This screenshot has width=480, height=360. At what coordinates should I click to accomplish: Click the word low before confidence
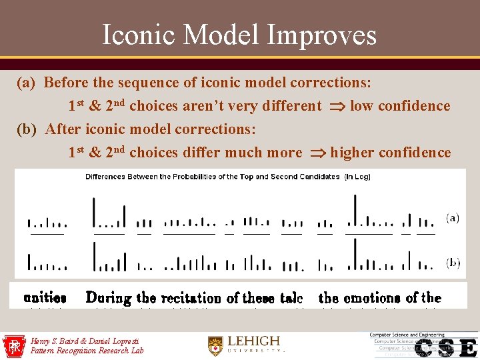tap(361, 106)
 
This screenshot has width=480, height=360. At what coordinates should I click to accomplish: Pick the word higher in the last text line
tap(353, 153)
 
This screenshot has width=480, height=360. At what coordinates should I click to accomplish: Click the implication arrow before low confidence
tap(336, 106)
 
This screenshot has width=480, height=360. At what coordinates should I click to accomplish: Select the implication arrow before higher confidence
tap(316, 153)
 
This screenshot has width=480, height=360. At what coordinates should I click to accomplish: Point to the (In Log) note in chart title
tap(357, 177)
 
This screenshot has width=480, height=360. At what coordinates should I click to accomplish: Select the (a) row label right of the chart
tap(452, 218)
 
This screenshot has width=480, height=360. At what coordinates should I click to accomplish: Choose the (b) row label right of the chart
tap(453, 263)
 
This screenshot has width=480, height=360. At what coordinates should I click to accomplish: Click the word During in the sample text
tap(109, 297)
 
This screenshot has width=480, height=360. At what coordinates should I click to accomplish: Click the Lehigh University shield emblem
tap(215, 345)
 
